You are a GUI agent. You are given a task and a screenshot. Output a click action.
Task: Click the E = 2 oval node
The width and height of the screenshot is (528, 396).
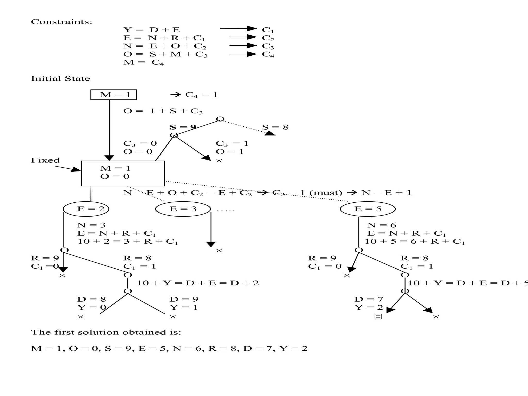click(86, 209)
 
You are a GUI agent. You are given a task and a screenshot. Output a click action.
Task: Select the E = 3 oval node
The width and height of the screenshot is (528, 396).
click(183, 209)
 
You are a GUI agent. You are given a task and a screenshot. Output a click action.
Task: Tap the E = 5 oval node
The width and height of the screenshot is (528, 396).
click(368, 209)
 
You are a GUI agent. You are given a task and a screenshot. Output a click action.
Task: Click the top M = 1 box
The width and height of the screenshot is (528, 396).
click(114, 95)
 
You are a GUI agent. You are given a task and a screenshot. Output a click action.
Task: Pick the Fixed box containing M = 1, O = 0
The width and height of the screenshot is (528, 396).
click(123, 173)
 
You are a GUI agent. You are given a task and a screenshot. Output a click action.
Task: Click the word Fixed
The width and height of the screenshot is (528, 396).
click(45, 160)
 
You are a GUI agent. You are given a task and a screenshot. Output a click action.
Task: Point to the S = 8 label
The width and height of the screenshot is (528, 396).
click(275, 127)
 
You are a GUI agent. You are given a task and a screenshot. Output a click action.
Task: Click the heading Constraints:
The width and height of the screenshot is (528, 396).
click(61, 22)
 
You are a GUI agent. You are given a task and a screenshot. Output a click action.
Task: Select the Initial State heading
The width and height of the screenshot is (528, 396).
click(61, 79)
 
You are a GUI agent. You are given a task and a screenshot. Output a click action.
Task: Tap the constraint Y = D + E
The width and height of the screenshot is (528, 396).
click(152, 30)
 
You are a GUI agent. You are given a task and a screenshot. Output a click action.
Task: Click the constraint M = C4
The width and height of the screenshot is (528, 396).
click(144, 62)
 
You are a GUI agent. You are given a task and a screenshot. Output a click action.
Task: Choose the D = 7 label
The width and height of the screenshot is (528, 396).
click(369, 299)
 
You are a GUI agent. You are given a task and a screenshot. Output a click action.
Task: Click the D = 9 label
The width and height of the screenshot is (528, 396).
click(184, 299)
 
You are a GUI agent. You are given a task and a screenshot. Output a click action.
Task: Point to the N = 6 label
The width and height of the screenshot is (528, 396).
click(382, 225)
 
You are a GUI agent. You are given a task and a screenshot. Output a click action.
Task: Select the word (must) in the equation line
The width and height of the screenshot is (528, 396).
click(326, 193)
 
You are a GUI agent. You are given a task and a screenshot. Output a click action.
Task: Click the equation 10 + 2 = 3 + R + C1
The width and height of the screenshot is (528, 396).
click(128, 242)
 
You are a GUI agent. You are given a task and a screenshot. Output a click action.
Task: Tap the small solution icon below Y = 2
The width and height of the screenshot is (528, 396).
click(378, 317)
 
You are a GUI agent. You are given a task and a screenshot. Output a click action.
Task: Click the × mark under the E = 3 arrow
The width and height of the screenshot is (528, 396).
click(219, 250)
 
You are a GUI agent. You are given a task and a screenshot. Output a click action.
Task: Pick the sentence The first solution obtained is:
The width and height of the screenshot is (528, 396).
click(106, 332)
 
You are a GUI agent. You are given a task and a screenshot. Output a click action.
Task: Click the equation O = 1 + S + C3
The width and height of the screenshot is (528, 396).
click(163, 111)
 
